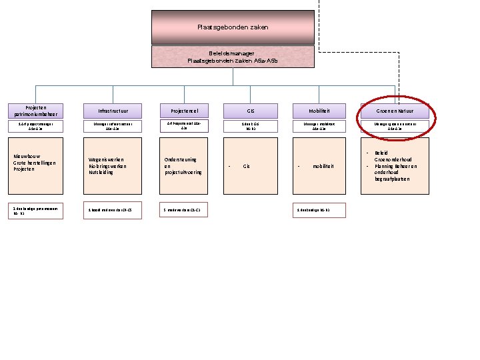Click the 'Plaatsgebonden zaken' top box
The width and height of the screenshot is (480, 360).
(233, 27)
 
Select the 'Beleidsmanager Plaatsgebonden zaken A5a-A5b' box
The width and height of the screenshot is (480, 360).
(233, 57)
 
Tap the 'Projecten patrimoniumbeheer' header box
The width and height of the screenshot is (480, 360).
(35, 111)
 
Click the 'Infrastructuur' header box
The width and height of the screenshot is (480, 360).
(109, 111)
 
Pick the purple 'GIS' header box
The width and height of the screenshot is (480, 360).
(251, 111)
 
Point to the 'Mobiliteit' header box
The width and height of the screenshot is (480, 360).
(319, 111)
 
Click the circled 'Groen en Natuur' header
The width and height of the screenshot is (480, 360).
(395, 111)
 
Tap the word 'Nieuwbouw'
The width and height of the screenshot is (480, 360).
(28, 157)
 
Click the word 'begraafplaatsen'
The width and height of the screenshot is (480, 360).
(393, 179)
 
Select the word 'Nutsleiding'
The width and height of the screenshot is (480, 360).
(101, 172)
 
